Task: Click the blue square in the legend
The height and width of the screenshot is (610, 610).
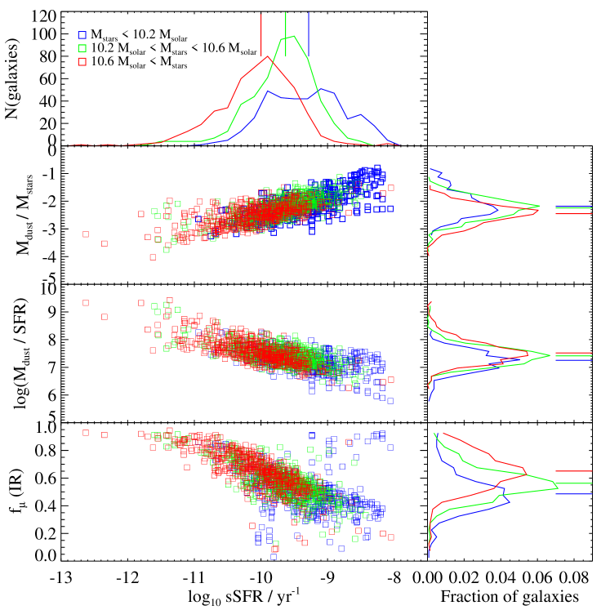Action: (82, 35)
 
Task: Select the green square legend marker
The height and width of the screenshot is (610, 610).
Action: (82, 48)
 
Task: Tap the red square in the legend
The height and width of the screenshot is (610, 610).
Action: (82, 61)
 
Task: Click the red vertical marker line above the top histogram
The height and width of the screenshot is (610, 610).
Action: (261, 34)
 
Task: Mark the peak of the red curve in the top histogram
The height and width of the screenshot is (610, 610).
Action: (267, 56)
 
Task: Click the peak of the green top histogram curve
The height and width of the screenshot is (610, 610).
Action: (293, 36)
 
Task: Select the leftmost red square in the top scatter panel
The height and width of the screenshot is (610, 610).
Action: (86, 234)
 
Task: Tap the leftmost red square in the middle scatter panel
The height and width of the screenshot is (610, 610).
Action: (86, 303)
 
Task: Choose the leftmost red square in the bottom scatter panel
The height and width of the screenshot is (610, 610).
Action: (86, 433)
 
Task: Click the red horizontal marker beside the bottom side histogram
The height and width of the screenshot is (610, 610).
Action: (573, 471)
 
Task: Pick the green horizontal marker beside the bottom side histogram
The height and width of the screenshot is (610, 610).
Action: (573, 483)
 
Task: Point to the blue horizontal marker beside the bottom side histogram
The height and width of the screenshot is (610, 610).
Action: (573, 493)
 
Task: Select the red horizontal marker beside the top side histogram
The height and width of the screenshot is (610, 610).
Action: (573, 214)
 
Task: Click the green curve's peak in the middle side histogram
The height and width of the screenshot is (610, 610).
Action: (550, 355)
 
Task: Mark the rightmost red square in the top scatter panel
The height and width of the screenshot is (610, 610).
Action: (391, 188)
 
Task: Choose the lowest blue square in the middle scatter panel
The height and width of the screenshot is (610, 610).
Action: (390, 401)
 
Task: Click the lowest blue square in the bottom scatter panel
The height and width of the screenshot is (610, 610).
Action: (274, 556)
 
